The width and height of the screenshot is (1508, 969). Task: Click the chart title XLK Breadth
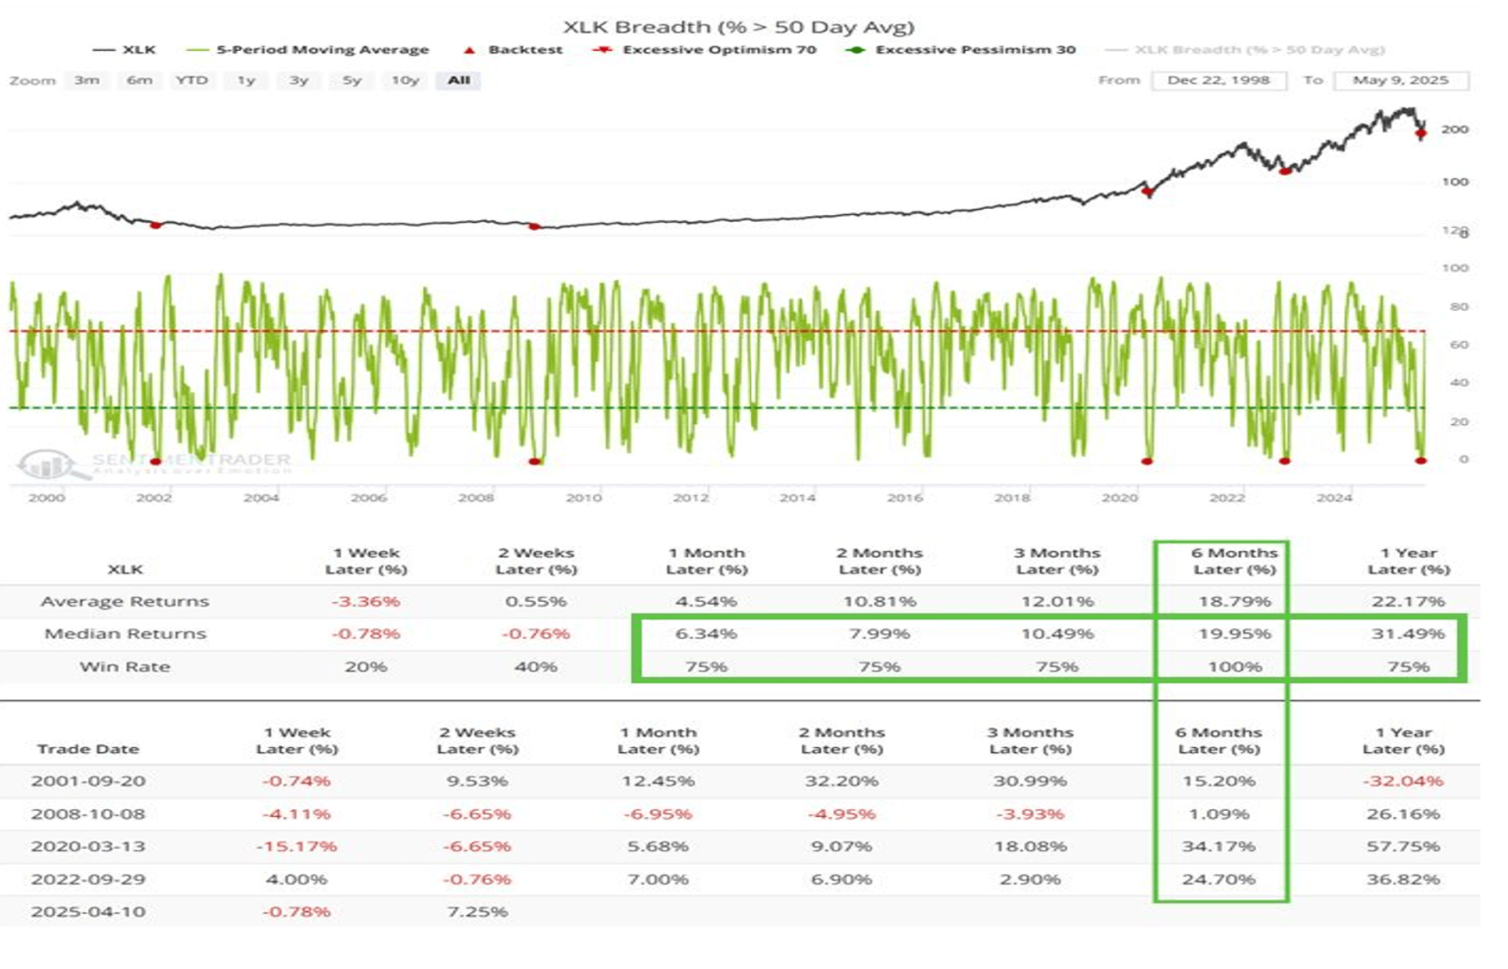pyautogui.click(x=737, y=27)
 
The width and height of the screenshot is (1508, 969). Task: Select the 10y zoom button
pyautogui.click(x=404, y=81)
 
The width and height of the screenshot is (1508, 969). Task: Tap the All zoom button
pyautogui.click(x=458, y=81)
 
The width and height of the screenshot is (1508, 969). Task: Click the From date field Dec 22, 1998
pyautogui.click(x=1217, y=81)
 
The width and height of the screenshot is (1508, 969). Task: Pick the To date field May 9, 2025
pyautogui.click(x=1400, y=81)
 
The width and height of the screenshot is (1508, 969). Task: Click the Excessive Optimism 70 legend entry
pyautogui.click(x=718, y=49)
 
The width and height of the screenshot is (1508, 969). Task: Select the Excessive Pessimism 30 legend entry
pyautogui.click(x=975, y=49)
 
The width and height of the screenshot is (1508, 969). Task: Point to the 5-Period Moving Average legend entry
pyautogui.click(x=322, y=49)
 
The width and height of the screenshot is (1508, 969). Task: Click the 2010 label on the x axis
pyautogui.click(x=583, y=498)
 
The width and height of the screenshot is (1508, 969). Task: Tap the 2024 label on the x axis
pyautogui.click(x=1334, y=498)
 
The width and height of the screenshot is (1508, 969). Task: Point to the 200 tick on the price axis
pyautogui.click(x=1455, y=130)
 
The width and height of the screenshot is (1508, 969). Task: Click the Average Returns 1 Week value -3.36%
pyautogui.click(x=365, y=601)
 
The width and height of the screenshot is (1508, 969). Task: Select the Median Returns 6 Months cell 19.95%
pyautogui.click(x=1234, y=634)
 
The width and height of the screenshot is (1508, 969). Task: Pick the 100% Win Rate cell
pyautogui.click(x=1234, y=667)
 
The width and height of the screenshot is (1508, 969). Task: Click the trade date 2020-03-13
pyautogui.click(x=87, y=846)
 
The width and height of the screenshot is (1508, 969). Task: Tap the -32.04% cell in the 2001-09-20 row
pyautogui.click(x=1403, y=781)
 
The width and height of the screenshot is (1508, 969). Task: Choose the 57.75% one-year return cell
pyautogui.click(x=1403, y=846)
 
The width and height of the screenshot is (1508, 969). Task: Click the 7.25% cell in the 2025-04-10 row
pyautogui.click(x=477, y=912)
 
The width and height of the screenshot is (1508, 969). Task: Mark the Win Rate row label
pyautogui.click(x=125, y=667)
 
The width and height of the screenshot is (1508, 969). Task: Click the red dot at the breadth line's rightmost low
pyautogui.click(x=1421, y=459)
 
